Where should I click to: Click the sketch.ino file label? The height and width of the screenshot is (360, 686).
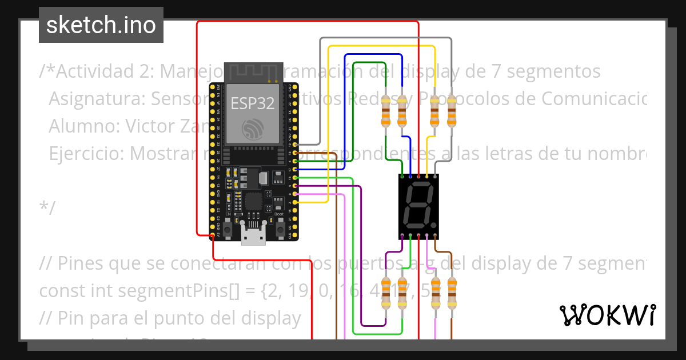tap(101, 25)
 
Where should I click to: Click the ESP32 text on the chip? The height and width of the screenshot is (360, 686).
tap(252, 103)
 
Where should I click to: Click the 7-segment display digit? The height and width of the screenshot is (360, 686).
tap(418, 206)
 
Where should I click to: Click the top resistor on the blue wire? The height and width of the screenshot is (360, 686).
tap(402, 111)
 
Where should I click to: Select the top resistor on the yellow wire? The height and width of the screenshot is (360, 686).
tap(435, 111)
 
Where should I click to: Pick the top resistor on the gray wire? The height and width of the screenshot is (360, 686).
tap(452, 111)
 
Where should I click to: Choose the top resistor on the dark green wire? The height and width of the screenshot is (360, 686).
tap(386, 111)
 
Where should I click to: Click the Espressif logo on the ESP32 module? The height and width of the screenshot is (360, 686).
tap(252, 129)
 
